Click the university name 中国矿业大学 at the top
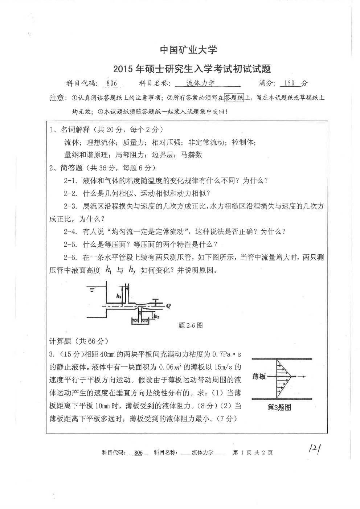[188, 50]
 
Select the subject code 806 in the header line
[112, 83]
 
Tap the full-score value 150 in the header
[289, 83]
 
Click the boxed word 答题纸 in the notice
[234, 98]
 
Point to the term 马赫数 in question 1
[191, 155]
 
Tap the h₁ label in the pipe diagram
[119, 296]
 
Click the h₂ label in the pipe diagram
[156, 316]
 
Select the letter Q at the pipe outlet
[168, 306]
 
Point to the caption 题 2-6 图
[191, 325]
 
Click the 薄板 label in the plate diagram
[259, 377]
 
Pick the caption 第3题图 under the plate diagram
[279, 407]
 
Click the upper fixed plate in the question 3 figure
[282, 359]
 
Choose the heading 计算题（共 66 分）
[79, 341]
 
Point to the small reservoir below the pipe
[140, 321]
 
